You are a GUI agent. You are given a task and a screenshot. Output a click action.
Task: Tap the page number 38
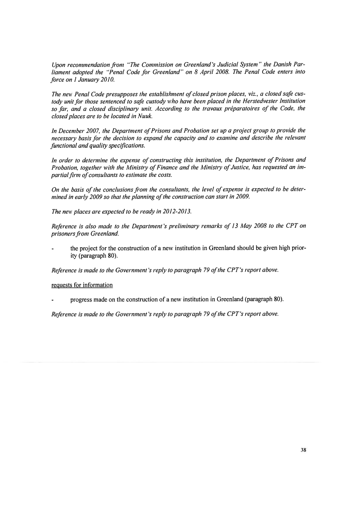pos(304,450)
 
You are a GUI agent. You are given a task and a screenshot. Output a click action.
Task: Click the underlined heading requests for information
pos(82,285)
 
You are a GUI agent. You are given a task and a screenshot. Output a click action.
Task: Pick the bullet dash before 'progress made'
pos(53,299)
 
